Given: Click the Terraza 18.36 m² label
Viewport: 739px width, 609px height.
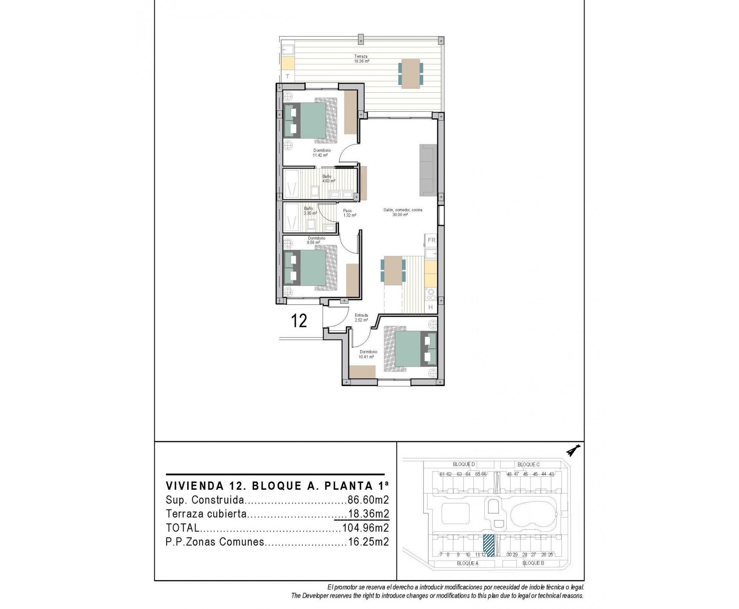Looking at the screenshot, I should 361,59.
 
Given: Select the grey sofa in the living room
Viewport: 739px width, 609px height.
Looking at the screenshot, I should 428,170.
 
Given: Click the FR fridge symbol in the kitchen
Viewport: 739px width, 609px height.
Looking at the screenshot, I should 431,240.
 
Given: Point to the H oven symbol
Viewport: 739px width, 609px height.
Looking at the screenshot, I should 431,307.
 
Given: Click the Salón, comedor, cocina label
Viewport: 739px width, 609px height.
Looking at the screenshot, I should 402,212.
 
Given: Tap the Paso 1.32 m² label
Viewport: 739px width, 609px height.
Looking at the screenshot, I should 349,213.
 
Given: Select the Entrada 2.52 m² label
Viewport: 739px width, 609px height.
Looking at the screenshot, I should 361,317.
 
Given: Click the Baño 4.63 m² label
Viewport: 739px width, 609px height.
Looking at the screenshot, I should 328,179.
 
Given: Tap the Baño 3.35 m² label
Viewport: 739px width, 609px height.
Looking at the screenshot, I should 310,211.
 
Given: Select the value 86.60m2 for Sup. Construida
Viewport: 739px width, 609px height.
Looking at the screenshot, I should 368,500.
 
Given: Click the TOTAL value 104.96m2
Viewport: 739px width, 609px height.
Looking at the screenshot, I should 365,528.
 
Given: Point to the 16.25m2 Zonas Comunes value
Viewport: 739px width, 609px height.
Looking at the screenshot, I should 368,542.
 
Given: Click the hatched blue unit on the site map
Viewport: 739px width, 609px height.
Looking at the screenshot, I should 489,546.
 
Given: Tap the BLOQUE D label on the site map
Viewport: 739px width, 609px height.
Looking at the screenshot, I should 463,464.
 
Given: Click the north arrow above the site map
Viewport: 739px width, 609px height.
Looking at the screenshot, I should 573,450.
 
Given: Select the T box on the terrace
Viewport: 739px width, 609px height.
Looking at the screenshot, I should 287,76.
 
